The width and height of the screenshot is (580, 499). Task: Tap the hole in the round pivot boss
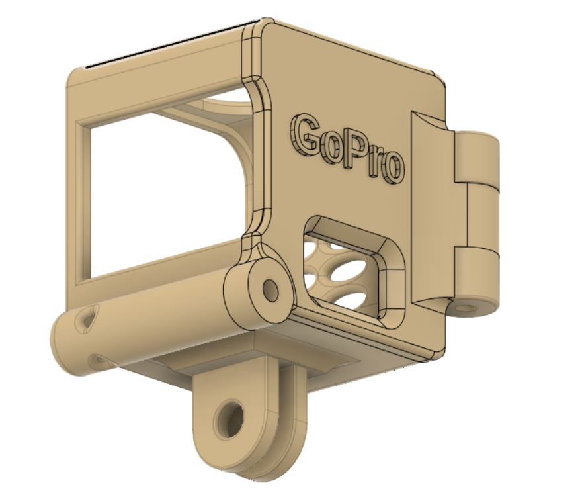(270, 289)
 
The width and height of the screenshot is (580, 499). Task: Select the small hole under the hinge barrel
(468, 308)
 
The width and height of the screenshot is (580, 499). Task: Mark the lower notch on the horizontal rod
(99, 361)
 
